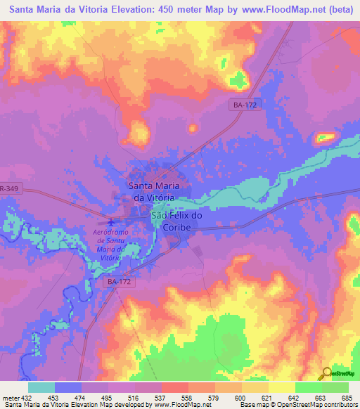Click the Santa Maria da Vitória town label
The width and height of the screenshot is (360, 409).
[153, 191]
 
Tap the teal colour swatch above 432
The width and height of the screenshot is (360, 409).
[41, 387]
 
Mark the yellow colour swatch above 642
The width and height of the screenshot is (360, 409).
[282, 387]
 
